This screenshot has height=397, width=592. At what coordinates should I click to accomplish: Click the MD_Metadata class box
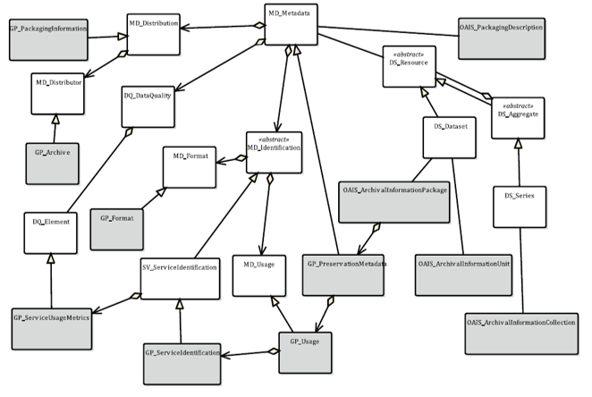(x=291, y=24)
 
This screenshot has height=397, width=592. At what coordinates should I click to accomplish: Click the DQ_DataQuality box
(x=148, y=106)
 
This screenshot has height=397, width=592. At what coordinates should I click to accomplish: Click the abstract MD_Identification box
(x=274, y=149)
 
